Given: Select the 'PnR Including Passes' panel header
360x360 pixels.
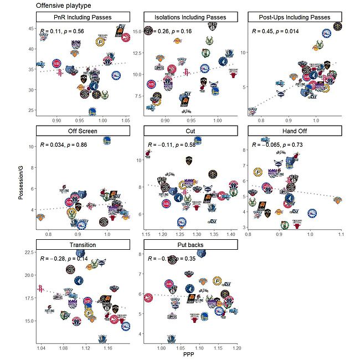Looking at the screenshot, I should coord(83,17).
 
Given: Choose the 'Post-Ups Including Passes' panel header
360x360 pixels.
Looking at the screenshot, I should coord(297,17).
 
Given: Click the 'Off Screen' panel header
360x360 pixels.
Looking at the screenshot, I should coord(83,131).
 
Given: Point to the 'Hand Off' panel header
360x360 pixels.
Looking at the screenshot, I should coord(297,131).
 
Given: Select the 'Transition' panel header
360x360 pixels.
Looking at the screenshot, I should coord(83,244).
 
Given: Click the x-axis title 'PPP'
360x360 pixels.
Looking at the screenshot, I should coord(191,356).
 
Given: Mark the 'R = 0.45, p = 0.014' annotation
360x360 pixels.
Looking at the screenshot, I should coord(275,31).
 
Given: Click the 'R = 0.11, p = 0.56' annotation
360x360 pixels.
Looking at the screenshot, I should coord(61,31).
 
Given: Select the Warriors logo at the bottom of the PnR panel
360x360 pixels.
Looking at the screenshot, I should coord(92,111).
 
